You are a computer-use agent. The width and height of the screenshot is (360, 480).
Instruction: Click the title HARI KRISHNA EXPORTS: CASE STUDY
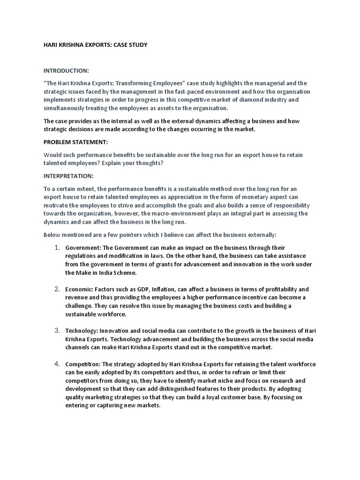click(96, 45)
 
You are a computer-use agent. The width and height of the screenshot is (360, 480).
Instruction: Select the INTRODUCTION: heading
click(66, 71)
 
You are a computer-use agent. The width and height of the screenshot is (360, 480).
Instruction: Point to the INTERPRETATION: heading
click(68, 176)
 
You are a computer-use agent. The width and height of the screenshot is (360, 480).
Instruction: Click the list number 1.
click(56, 247)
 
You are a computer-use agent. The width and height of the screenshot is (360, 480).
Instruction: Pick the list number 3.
click(56, 330)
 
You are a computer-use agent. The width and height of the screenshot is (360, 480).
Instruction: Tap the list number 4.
click(56, 363)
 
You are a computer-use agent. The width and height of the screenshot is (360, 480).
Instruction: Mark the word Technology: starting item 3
click(82, 331)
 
